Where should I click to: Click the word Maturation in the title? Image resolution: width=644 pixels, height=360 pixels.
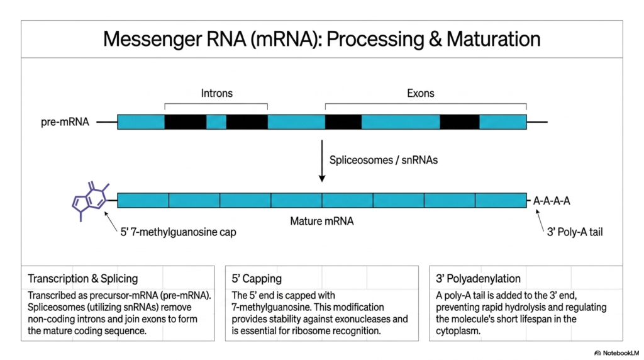(x=493, y=40)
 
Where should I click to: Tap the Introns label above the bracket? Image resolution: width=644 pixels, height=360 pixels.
(x=217, y=93)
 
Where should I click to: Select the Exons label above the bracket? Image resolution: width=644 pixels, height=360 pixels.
(x=421, y=93)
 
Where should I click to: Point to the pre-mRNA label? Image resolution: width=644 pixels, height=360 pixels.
(x=65, y=122)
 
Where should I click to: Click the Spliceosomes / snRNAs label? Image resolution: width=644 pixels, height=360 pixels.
(x=384, y=160)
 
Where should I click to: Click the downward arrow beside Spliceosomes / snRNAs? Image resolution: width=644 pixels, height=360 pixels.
(x=322, y=160)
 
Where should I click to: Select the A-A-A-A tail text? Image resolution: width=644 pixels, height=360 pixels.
(x=552, y=201)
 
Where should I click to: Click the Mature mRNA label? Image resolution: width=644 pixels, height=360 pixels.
(x=322, y=221)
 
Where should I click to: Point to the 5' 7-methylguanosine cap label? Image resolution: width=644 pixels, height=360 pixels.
(x=178, y=232)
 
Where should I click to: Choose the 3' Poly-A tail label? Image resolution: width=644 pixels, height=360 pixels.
(x=575, y=232)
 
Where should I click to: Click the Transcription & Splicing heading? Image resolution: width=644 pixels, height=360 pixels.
(x=83, y=279)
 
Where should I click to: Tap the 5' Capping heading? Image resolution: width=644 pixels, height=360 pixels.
(x=257, y=279)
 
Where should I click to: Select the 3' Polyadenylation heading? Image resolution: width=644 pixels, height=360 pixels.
(x=478, y=279)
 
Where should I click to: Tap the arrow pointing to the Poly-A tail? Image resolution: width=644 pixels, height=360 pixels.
(x=540, y=221)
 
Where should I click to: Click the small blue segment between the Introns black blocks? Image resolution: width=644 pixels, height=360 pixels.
(x=216, y=122)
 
